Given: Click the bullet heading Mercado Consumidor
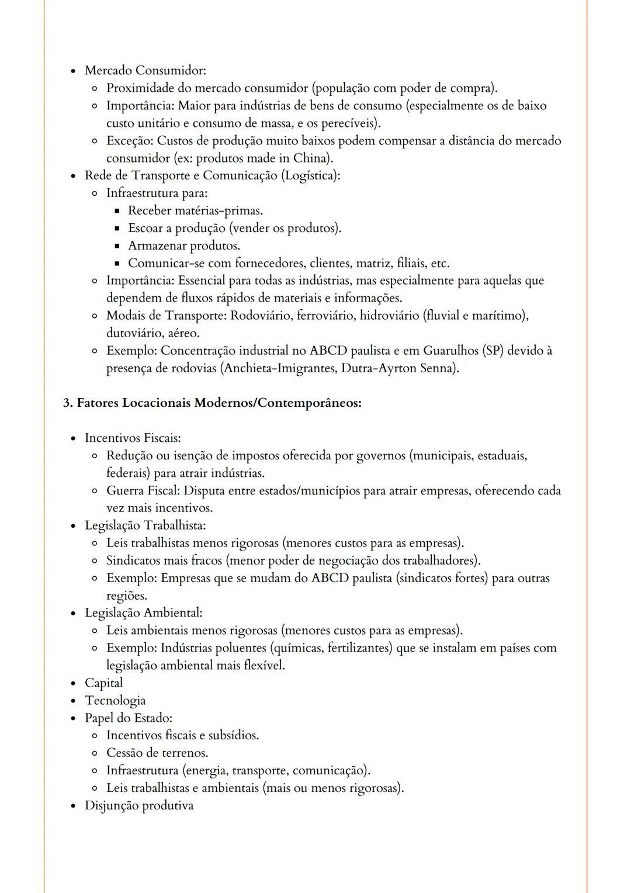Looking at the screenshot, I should [145, 71].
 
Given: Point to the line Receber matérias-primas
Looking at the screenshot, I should [195, 211].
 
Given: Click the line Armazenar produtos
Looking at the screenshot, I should [184, 246].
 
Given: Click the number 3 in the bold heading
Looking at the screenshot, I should [67, 403].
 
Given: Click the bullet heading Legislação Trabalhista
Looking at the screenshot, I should [145, 526].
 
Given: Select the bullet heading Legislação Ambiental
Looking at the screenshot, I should [143, 613].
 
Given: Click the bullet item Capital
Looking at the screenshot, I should [104, 683].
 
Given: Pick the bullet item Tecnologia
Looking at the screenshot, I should [115, 701].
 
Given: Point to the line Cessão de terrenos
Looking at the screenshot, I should [157, 753].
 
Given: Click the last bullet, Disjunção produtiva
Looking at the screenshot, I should [139, 806].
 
